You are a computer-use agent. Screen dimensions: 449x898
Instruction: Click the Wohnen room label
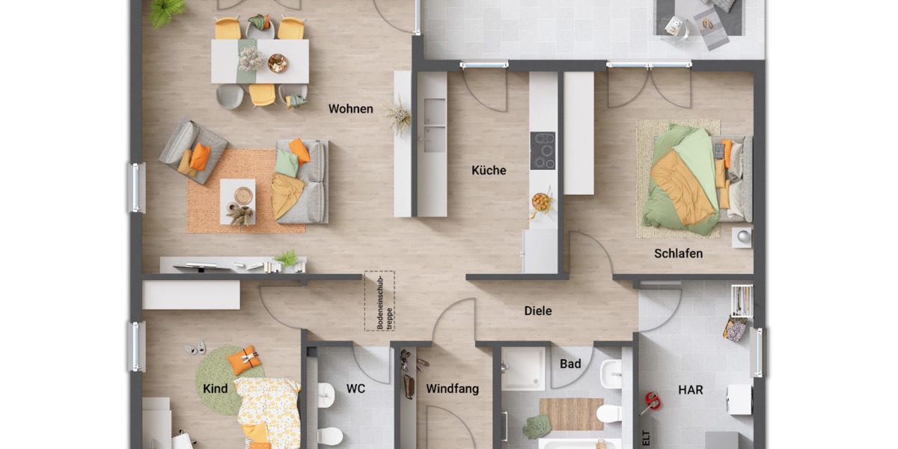(350, 109)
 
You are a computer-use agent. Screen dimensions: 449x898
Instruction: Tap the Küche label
(489, 171)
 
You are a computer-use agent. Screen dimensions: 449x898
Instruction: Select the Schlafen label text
(678, 254)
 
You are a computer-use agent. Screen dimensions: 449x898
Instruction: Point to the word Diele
(537, 311)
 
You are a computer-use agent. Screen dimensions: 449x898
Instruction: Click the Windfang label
(452, 389)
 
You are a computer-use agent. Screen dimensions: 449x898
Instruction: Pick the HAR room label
(690, 390)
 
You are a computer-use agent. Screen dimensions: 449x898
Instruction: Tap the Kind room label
(216, 389)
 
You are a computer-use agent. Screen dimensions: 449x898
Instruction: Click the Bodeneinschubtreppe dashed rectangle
(379, 300)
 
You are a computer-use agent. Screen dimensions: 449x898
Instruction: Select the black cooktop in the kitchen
(543, 150)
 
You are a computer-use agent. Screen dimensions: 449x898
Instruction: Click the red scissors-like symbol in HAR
(650, 403)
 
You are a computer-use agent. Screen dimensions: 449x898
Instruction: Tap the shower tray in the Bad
(523, 368)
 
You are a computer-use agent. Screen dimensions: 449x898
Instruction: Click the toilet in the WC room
(329, 435)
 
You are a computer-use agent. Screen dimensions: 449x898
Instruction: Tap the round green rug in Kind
(222, 380)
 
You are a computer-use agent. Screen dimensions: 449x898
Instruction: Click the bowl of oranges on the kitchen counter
(541, 201)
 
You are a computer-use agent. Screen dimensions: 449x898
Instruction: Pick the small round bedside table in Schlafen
(742, 236)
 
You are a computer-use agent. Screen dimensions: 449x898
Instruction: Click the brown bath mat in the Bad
(571, 414)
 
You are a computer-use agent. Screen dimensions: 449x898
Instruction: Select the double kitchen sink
(432, 124)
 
